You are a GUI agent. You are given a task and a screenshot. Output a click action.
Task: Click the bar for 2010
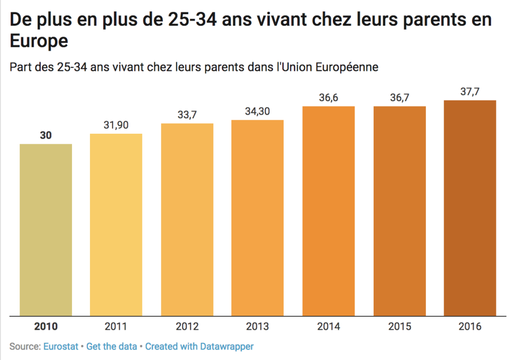coord(46,230)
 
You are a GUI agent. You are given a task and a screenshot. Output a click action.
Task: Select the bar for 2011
coord(116,225)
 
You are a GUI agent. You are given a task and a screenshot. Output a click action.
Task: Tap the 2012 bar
coord(187,220)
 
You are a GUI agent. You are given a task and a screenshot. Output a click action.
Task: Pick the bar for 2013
coord(257,218)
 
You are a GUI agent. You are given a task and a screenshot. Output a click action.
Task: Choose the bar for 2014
coord(328,211)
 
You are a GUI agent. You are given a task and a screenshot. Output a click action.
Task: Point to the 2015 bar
coord(399,211)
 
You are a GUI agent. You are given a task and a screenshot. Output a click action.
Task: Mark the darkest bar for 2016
coord(470,208)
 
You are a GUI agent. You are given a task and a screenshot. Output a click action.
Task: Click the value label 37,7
coord(470,91)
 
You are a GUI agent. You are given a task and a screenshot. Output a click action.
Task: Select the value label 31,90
coord(116,125)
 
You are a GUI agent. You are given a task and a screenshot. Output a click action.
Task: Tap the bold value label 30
coord(46,135)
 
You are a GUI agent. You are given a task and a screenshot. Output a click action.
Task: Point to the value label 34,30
coord(257,111)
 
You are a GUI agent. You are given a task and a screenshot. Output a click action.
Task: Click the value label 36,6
coord(328,98)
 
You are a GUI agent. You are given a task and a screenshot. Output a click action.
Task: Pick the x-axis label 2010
coord(46,327)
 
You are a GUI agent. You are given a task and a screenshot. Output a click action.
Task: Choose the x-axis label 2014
coord(328,327)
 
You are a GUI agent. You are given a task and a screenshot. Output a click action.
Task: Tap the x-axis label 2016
coord(470,327)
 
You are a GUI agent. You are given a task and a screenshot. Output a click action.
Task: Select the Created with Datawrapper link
coord(199,346)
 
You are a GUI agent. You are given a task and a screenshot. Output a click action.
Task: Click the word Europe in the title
coord(39,41)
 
